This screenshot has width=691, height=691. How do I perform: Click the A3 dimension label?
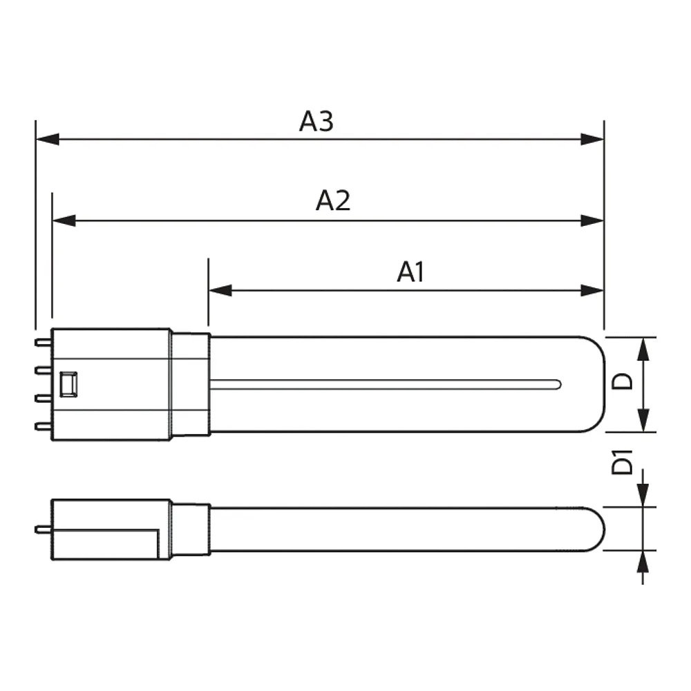pos(316,121)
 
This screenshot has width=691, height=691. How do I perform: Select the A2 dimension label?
pos(333,200)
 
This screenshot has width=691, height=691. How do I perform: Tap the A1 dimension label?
pos(410,272)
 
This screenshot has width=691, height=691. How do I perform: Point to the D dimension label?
pos(622,381)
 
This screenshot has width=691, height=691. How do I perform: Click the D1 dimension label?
pos(622,462)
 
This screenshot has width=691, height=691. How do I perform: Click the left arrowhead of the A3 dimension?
pos(47,140)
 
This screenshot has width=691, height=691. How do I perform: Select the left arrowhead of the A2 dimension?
pos(64,220)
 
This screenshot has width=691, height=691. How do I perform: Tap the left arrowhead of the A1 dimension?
pos(220,290)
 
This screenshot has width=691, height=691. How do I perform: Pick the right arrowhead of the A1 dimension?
pos(592,290)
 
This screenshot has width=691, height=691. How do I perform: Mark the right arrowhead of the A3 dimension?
pos(592,140)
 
